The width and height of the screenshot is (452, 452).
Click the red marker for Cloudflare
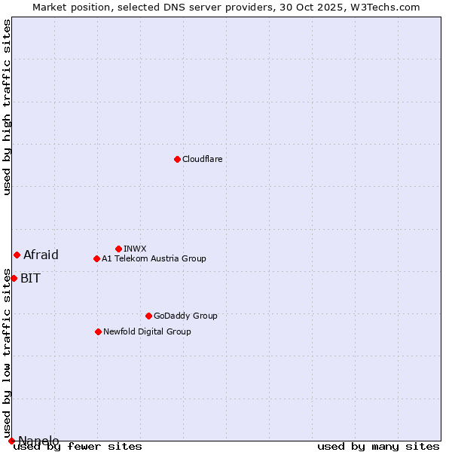click(177, 159)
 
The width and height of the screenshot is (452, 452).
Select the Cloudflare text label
click(203, 159)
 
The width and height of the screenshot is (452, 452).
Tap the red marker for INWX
click(118, 249)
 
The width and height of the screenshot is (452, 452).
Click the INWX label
click(135, 249)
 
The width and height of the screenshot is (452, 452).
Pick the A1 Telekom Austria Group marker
click(96, 258)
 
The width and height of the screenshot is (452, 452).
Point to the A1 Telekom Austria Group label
click(154, 258)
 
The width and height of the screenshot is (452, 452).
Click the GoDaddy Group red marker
click(148, 316)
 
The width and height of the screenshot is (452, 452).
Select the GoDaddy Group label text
click(185, 316)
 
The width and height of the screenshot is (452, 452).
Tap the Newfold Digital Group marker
click(98, 331)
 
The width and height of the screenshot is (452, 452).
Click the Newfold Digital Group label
click(147, 331)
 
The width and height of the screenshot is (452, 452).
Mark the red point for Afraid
click(17, 255)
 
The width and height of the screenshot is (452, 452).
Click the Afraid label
click(41, 255)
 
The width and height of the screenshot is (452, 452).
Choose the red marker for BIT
click(14, 278)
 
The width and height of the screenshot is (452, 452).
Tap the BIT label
click(30, 278)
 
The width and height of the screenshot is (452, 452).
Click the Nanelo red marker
click(11, 441)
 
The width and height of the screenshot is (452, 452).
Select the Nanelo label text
click(38, 441)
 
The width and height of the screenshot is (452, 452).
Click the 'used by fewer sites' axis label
click(78, 447)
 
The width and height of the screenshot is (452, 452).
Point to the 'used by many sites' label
click(378, 447)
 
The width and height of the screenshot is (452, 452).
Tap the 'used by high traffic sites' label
click(7, 107)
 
